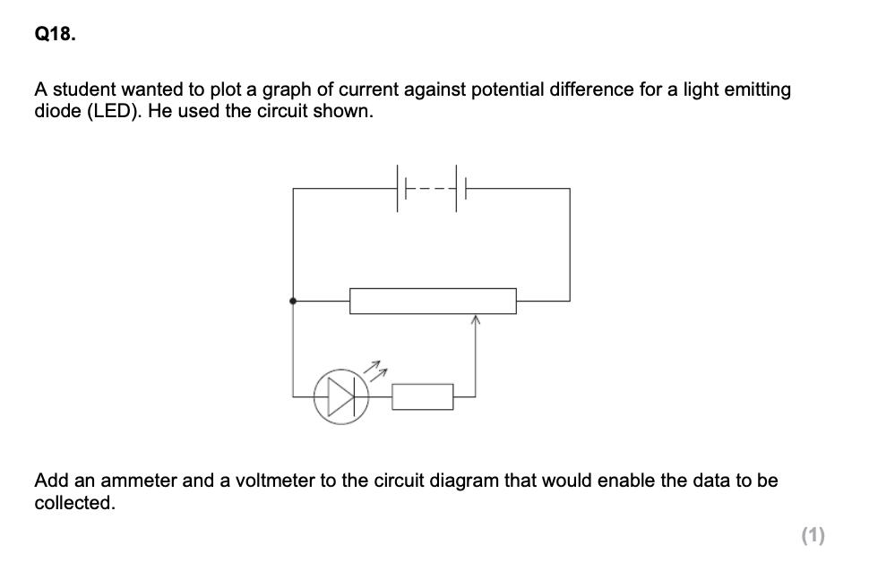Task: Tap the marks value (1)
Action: pos(813,535)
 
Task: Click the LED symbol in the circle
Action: pos(336,395)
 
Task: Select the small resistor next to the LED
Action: pos(422,396)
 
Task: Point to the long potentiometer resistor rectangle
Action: pos(433,301)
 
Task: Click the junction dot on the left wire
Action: pos(293,302)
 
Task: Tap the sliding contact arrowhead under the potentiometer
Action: pos(475,319)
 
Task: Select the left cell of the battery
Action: pos(400,189)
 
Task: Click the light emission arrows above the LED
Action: pos(377,367)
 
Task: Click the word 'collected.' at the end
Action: pos(74,503)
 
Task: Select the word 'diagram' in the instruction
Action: pos(464,481)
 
